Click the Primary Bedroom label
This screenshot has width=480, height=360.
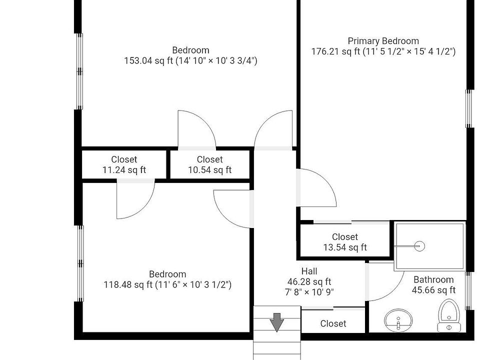point(383,41)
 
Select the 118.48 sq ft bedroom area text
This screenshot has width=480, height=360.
point(127,284)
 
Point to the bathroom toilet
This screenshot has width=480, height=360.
point(449,315)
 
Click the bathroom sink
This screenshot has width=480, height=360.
point(398,320)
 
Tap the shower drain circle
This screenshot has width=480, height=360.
point(419,246)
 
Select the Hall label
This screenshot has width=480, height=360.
point(309,271)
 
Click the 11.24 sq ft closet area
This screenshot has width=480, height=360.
point(124,170)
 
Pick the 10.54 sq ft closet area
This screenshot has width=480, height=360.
point(209,170)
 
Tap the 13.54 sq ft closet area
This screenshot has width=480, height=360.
point(345,247)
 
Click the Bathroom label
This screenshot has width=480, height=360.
point(433,279)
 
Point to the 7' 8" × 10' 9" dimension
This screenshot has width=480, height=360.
point(309,292)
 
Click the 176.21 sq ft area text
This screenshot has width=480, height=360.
point(335,51)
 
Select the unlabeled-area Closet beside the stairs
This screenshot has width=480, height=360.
point(333,323)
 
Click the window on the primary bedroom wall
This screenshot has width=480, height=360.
point(468,108)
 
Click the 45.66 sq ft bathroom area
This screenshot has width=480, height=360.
point(433,290)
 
